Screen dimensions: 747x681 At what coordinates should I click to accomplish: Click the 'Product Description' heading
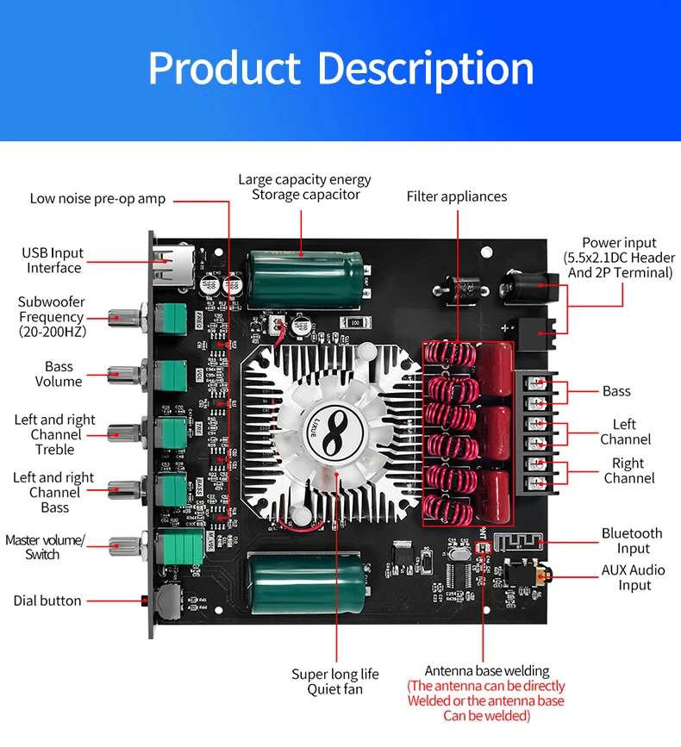(x=340, y=69)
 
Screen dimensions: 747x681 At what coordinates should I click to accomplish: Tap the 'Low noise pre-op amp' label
(x=97, y=198)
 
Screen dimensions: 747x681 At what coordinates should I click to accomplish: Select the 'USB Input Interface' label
(x=53, y=260)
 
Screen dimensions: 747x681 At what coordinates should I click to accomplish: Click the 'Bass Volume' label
(x=59, y=374)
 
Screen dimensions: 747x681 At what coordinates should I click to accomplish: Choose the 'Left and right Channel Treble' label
(x=55, y=434)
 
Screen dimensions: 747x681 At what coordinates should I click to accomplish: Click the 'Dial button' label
(x=47, y=601)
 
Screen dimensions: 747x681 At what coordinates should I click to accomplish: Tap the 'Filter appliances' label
(x=457, y=196)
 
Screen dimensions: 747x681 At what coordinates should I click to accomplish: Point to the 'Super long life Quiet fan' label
(x=335, y=682)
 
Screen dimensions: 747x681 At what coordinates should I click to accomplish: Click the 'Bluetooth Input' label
(x=632, y=541)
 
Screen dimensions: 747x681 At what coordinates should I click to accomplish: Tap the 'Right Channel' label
(x=628, y=470)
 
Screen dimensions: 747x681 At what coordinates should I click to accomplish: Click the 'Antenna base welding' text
(x=487, y=670)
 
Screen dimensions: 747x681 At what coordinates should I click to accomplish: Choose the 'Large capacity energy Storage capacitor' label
(x=304, y=187)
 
